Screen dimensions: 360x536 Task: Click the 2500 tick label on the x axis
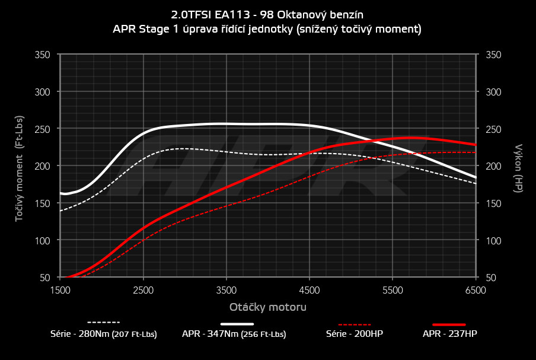(143, 291)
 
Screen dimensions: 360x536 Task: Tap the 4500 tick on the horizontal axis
(310, 291)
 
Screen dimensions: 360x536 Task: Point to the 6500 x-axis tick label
(476, 291)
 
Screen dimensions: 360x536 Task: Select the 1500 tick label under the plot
(60, 291)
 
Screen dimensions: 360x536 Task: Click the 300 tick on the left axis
(43, 92)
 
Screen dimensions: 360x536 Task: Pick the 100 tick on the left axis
(43, 240)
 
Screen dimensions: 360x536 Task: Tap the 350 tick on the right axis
(494, 55)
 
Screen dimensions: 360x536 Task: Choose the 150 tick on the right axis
(494, 203)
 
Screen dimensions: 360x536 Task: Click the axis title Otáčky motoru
(268, 307)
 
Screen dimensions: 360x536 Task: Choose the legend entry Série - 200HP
(355, 334)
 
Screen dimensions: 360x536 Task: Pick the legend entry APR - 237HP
(449, 334)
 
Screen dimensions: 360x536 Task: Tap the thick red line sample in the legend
(449, 324)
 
